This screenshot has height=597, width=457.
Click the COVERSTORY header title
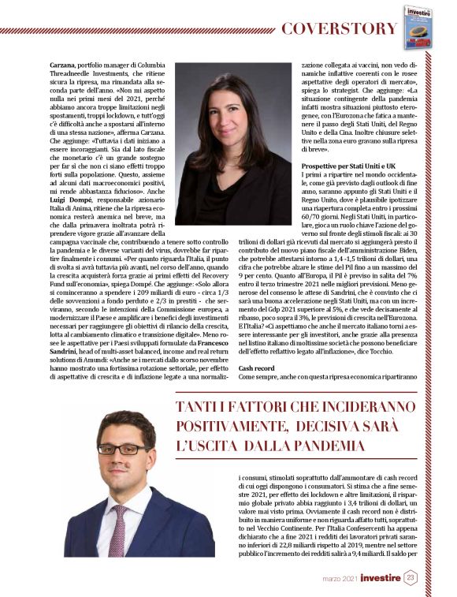(x=340, y=29)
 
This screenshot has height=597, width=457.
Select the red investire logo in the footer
(x=376, y=578)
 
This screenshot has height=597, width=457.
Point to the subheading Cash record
(x=256, y=368)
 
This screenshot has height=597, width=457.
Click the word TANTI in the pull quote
(x=201, y=409)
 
